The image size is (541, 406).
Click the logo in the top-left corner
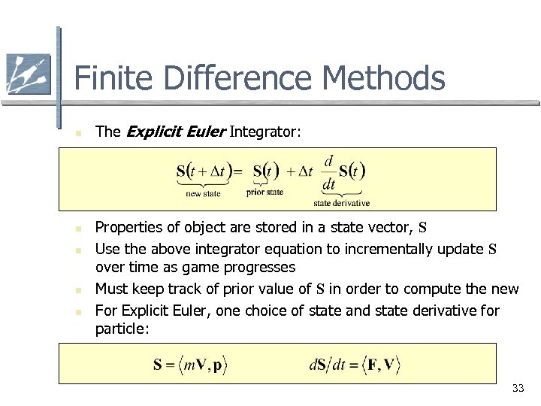point(28,74)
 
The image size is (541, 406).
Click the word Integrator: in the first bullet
point(265,132)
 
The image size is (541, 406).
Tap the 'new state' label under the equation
point(203,194)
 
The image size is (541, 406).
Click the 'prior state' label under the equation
point(264,192)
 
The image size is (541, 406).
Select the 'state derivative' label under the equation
point(341,203)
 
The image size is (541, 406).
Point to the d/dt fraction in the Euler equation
point(329,172)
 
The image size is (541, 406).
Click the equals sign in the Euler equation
point(237,171)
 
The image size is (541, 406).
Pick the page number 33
point(518,388)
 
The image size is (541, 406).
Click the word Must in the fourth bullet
point(111,289)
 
